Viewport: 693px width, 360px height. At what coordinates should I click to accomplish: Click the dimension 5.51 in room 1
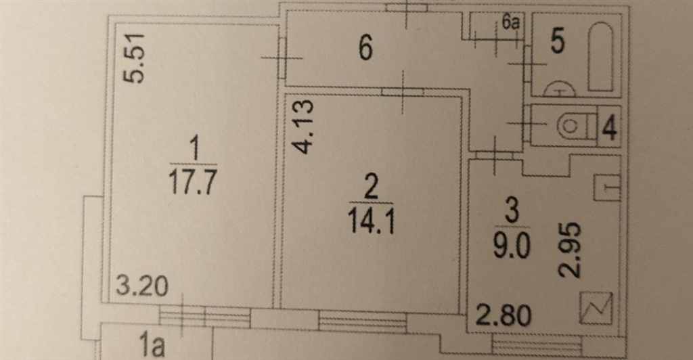pyautogui.click(x=133, y=58)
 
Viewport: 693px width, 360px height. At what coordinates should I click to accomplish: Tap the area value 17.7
pyautogui.click(x=193, y=181)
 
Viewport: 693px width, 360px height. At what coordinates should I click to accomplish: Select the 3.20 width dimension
pyautogui.click(x=142, y=286)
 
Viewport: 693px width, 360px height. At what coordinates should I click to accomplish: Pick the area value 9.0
pyautogui.click(x=512, y=246)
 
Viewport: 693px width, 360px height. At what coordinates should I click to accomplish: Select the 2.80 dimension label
pyautogui.click(x=504, y=315)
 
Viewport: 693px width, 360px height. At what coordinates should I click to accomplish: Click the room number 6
pyautogui.click(x=365, y=47)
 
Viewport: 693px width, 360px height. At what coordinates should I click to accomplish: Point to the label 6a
pyautogui.click(x=510, y=22)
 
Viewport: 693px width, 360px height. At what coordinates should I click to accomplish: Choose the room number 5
pyautogui.click(x=558, y=41)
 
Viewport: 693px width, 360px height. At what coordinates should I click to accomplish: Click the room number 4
pyautogui.click(x=610, y=127)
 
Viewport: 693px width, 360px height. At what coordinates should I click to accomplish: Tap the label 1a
pyautogui.click(x=152, y=345)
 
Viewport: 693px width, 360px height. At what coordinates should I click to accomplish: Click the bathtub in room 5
pyautogui.click(x=601, y=57)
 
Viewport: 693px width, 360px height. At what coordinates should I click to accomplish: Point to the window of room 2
pyautogui.click(x=363, y=321)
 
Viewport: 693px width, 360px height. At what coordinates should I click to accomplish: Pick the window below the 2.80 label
pyautogui.click(x=537, y=345)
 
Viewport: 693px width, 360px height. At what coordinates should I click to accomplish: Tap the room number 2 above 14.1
pyautogui.click(x=370, y=187)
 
